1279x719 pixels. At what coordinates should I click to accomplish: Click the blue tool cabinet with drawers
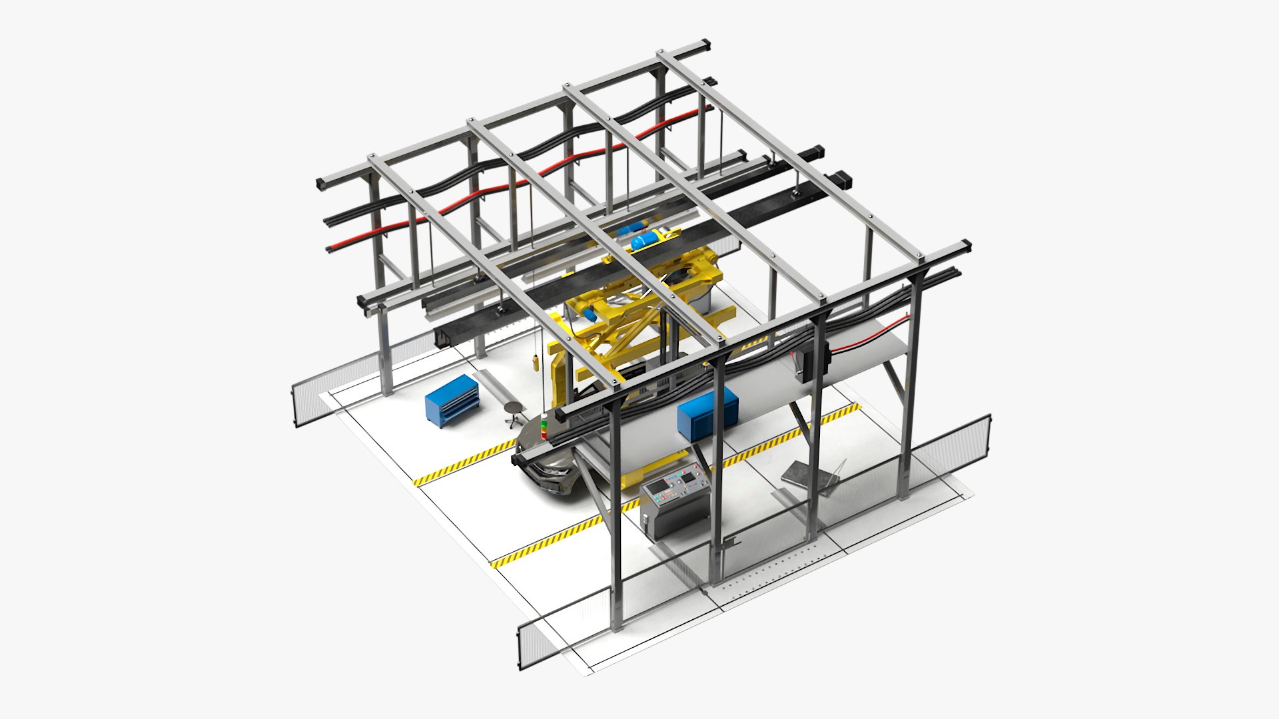click(452, 401)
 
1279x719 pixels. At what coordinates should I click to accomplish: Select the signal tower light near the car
click(544, 427)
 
